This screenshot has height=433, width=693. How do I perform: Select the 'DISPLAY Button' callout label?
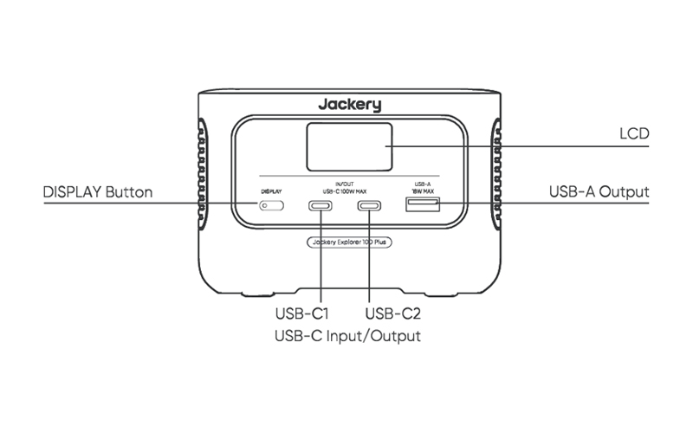pos(98,191)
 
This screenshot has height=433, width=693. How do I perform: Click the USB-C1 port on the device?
pos(321,206)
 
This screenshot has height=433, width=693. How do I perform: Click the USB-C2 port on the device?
pos(370,206)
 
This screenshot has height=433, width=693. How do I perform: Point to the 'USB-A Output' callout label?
pos(599,191)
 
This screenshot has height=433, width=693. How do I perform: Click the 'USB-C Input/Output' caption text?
pos(346,335)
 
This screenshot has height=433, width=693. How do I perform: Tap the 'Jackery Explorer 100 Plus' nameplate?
pos(349,243)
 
